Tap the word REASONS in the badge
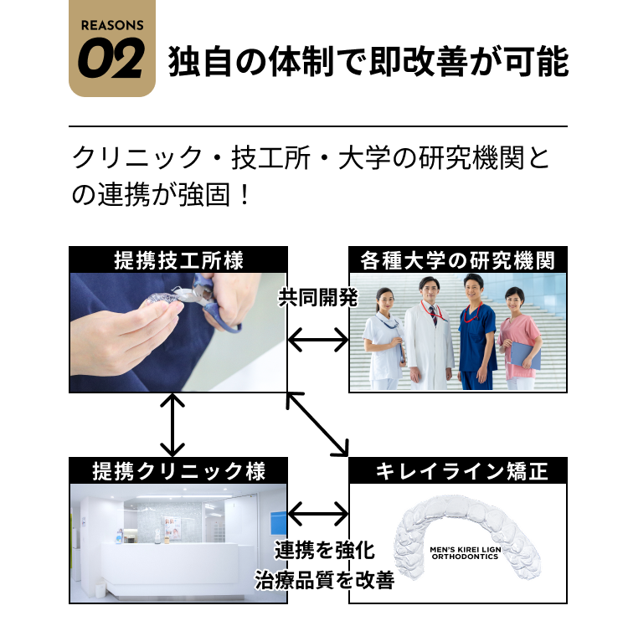(x=112, y=25)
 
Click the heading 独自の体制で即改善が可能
(x=368, y=61)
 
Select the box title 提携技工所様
(x=178, y=260)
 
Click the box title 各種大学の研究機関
(x=458, y=260)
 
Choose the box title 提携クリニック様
(x=178, y=471)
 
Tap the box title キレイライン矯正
(x=461, y=471)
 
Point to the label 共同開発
(x=318, y=297)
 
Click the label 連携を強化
(x=324, y=550)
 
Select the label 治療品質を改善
(x=324, y=580)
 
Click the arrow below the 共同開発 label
(x=318, y=340)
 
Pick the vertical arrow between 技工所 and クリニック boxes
(x=172, y=424)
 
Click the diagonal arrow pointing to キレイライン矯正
(x=317, y=424)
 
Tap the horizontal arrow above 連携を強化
(x=318, y=514)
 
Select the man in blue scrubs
(x=476, y=332)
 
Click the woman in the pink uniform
(x=519, y=339)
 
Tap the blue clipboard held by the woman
(x=526, y=356)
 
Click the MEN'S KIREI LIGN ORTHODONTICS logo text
(x=466, y=553)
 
